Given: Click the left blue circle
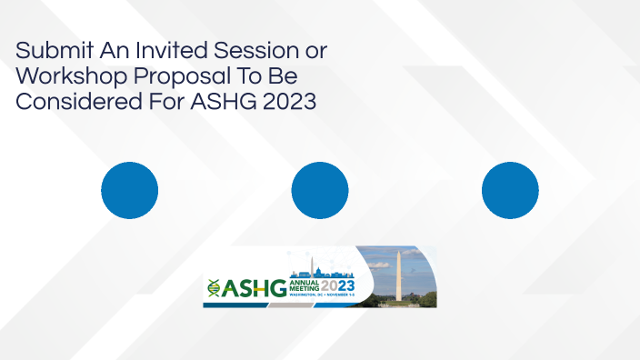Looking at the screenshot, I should click(x=129, y=190).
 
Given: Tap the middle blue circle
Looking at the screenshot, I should click(x=320, y=190).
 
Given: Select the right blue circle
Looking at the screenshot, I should click(x=510, y=190).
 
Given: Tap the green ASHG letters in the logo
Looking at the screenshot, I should click(x=254, y=288).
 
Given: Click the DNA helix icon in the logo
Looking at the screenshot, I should click(x=213, y=287).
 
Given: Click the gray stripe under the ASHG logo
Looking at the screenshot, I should click(x=273, y=304).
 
